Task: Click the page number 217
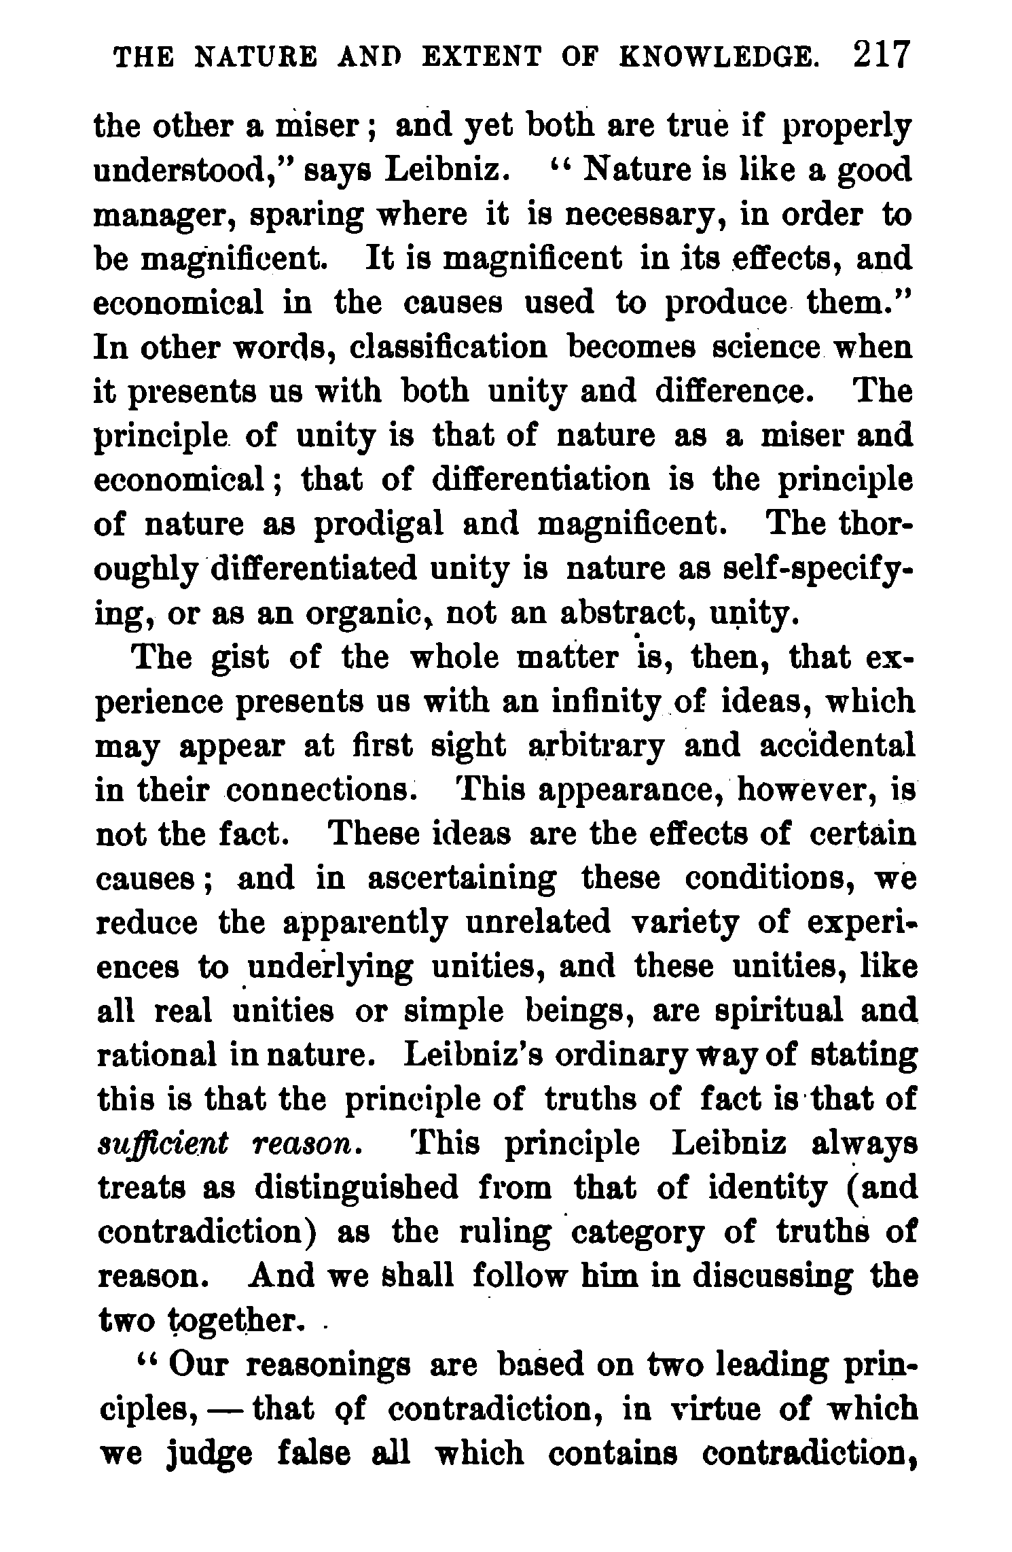point(880,56)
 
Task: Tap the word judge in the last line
point(210,1454)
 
